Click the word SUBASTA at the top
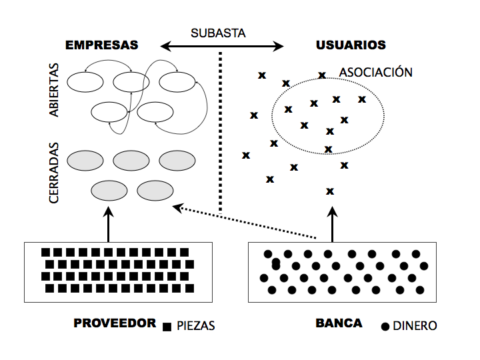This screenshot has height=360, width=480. [x=218, y=33]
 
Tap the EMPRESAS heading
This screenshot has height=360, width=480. [x=101, y=45]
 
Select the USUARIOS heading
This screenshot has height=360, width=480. [x=350, y=45]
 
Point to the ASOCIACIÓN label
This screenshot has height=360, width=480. [x=375, y=72]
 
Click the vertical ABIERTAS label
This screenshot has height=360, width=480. [x=54, y=90]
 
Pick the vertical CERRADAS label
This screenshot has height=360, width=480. [x=55, y=173]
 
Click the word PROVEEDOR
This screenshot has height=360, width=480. [x=115, y=323]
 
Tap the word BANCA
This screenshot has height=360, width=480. [x=339, y=323]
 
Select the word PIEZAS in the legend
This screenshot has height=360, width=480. [x=197, y=326]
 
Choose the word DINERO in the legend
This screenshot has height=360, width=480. [x=415, y=326]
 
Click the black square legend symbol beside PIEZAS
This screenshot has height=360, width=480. [x=167, y=327]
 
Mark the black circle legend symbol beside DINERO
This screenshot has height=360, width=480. [x=385, y=327]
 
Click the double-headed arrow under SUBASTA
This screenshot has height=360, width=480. [x=222, y=46]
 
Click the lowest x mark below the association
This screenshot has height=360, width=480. [x=329, y=191]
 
